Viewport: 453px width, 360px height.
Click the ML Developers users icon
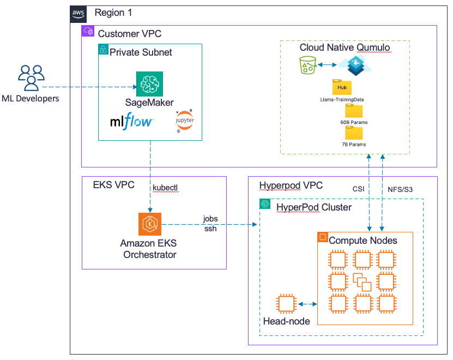(x=31, y=77)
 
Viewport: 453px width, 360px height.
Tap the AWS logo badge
(x=78, y=13)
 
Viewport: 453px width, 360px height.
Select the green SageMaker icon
(x=149, y=85)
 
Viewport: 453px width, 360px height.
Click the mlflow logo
(x=131, y=122)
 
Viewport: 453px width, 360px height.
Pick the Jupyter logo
(x=184, y=121)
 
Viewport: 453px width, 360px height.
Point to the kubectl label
(x=165, y=188)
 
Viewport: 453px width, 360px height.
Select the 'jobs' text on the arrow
(x=210, y=219)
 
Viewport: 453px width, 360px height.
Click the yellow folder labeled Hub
(x=342, y=87)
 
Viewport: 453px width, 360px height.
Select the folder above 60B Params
(x=354, y=111)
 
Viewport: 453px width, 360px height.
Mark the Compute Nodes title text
(x=363, y=240)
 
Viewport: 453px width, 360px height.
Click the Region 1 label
(x=113, y=13)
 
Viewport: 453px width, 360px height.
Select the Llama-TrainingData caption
(x=342, y=99)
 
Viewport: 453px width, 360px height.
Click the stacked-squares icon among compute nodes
(x=363, y=282)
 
